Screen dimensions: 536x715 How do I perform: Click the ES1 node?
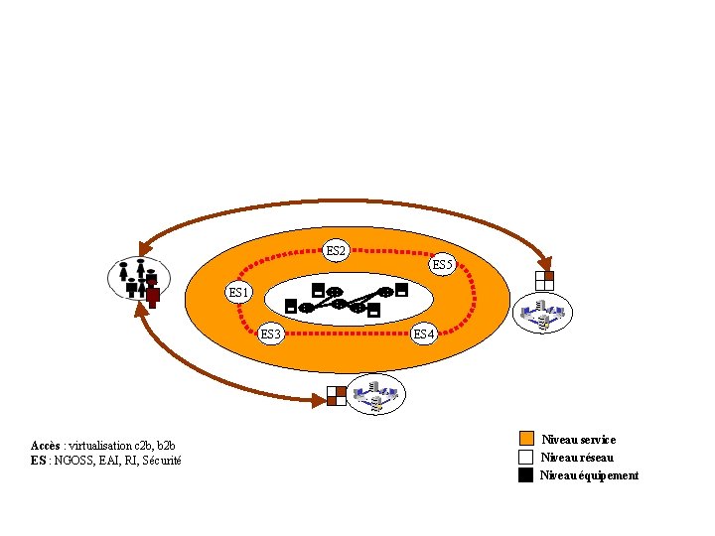(239, 292)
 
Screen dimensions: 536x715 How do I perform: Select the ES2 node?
(336, 251)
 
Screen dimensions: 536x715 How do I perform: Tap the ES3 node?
(271, 334)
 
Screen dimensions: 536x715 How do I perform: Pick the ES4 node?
(424, 334)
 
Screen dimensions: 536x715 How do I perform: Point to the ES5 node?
(442, 265)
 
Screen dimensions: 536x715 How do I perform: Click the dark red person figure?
(152, 288)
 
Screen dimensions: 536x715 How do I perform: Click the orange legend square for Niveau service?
(526, 439)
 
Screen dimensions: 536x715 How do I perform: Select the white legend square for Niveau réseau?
(526, 457)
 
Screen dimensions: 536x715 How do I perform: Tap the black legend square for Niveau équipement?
(526, 474)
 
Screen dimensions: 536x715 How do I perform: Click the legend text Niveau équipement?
(589, 475)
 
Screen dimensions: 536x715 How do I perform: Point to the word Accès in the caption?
(46, 444)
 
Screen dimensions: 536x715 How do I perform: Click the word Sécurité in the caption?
(162, 461)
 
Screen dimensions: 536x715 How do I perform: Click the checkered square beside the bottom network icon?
(337, 396)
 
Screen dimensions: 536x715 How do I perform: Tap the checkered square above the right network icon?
(543, 280)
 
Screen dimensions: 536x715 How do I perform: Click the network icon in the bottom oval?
(377, 395)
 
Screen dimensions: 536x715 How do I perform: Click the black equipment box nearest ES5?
(401, 291)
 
